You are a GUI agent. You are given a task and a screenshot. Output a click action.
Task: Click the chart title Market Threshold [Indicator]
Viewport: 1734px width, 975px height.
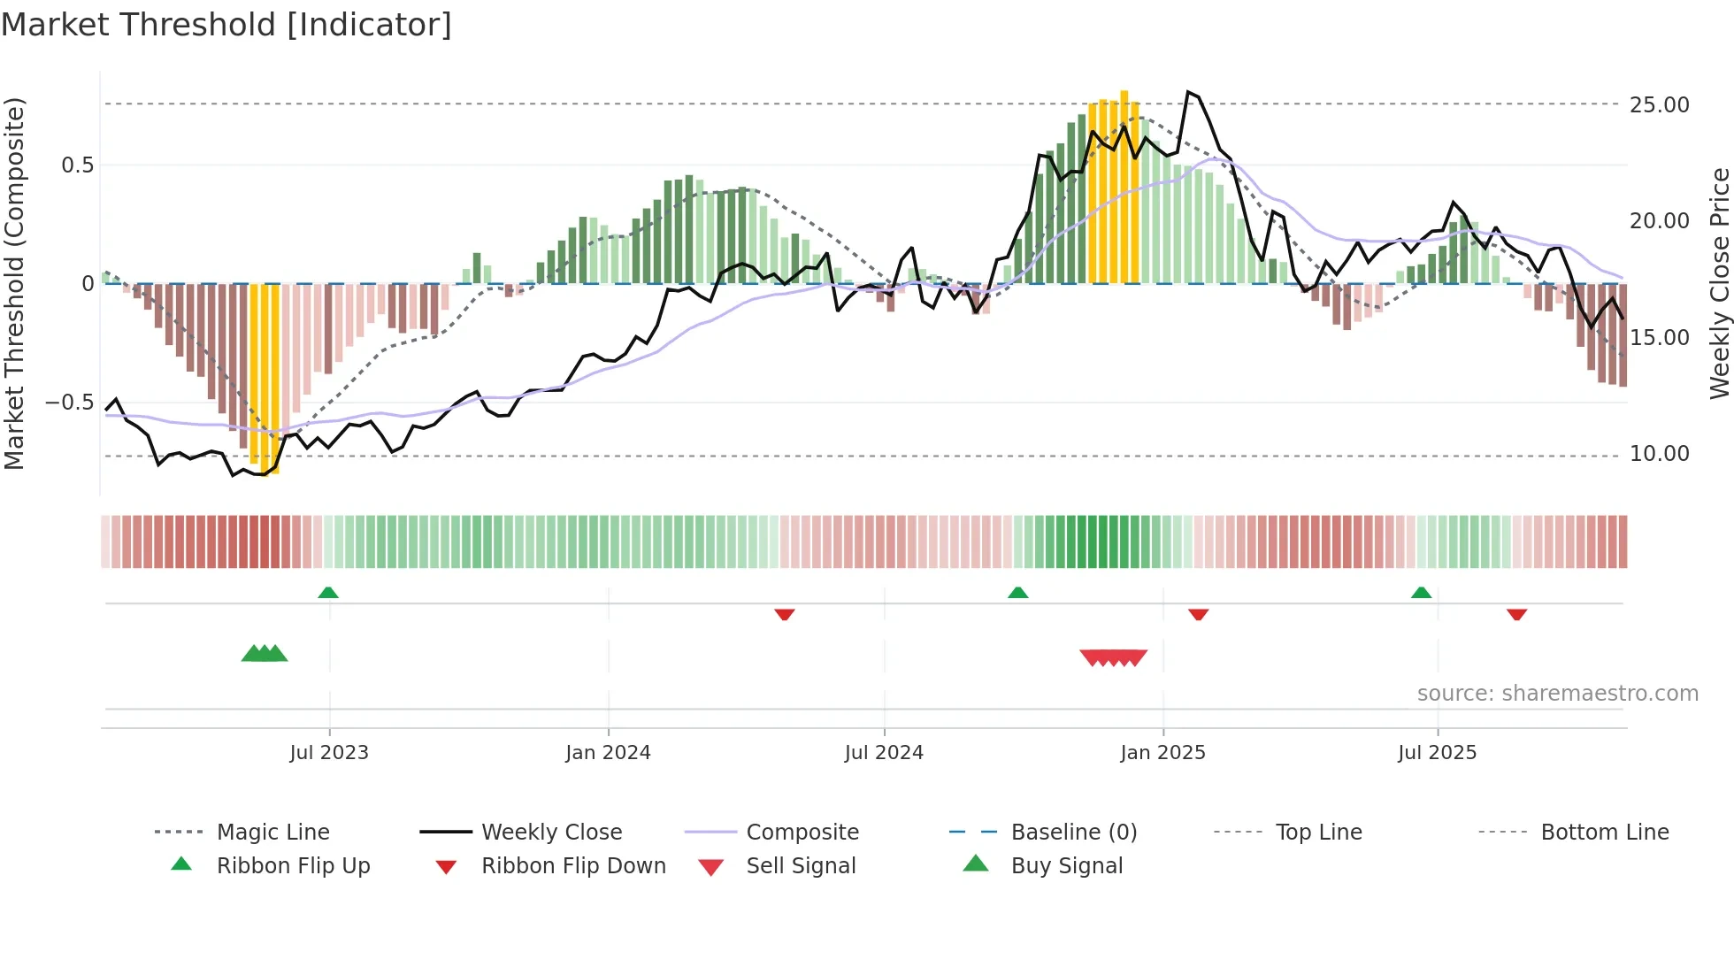226,25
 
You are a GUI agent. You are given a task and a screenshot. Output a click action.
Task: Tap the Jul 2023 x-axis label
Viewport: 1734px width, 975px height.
329,753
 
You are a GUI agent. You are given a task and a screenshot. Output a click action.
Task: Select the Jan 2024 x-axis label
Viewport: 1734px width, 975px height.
608,753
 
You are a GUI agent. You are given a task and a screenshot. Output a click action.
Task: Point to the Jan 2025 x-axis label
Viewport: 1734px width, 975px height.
1162,753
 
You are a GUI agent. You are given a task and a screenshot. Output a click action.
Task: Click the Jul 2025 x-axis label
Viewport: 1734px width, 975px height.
1438,753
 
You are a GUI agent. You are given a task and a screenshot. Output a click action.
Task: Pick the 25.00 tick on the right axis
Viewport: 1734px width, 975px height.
1660,105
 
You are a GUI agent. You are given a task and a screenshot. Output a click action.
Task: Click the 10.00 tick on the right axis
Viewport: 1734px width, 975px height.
1660,454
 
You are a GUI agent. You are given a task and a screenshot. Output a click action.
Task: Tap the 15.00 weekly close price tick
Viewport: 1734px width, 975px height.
1660,338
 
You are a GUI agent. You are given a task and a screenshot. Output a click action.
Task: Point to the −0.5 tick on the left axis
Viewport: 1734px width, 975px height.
69,403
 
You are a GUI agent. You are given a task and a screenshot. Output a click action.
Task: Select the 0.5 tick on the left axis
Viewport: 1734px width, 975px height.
78,165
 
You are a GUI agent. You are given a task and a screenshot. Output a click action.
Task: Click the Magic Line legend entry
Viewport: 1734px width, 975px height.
272,833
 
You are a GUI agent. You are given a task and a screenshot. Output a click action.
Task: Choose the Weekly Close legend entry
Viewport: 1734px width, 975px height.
551,833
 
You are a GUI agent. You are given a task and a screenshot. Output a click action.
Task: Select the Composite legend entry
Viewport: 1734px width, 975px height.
802,833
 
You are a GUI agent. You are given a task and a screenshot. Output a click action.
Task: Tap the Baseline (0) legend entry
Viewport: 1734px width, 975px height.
1073,833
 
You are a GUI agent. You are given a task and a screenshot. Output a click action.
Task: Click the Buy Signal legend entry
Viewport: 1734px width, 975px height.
1066,866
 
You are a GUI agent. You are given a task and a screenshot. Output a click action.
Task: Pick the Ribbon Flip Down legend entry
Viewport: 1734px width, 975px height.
573,866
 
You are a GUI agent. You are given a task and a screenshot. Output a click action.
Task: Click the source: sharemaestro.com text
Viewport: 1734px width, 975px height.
1557,694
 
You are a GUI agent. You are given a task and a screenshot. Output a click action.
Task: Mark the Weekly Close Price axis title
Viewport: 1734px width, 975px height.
1719,283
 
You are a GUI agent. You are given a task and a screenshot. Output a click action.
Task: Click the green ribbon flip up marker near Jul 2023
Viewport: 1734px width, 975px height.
328,593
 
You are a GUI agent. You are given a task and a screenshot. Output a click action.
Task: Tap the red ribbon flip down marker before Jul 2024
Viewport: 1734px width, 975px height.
784,614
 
